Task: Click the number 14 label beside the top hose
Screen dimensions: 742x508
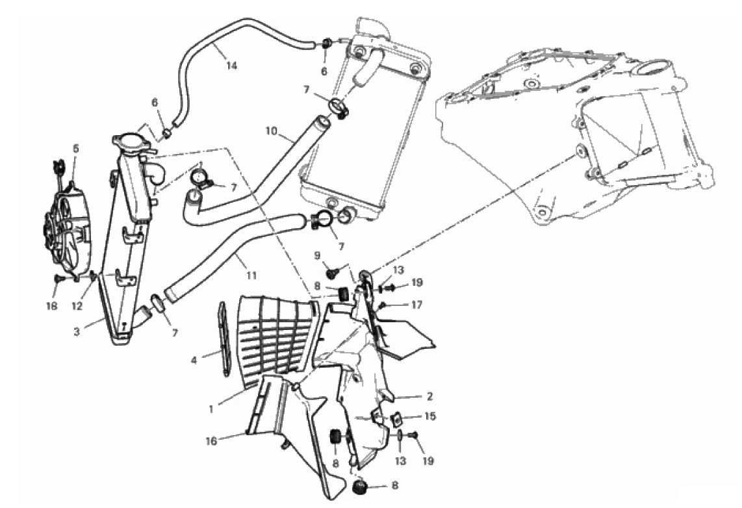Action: point(231,66)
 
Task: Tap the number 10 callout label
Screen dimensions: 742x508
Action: point(271,131)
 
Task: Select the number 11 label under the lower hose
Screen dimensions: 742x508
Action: point(251,275)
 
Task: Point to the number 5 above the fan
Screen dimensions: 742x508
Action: point(76,148)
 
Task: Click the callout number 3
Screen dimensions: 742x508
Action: point(77,331)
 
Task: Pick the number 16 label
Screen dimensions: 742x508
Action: point(211,441)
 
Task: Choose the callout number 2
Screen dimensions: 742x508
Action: point(429,396)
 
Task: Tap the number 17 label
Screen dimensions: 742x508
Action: point(416,305)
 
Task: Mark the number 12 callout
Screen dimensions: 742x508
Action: point(77,306)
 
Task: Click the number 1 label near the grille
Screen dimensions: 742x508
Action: point(211,409)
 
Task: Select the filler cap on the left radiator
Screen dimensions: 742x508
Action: point(127,142)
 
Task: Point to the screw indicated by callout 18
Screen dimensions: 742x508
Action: point(59,279)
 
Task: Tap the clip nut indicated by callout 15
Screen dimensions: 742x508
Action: point(396,418)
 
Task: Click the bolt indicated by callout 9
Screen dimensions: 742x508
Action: point(333,272)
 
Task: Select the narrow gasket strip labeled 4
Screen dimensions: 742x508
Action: point(224,338)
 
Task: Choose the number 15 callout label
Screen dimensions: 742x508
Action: point(430,416)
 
